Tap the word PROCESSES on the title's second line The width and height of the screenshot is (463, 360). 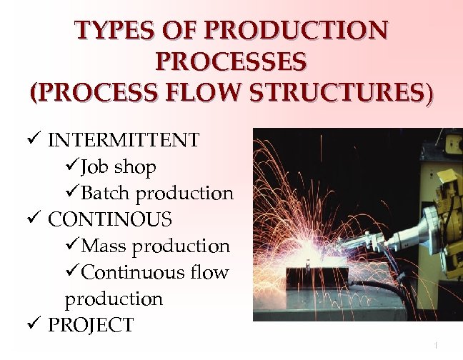coord(231,61)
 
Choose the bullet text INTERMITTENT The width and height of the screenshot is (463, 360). coord(124,140)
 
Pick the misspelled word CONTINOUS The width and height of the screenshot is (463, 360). coord(110,219)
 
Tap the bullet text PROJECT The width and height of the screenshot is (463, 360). coord(90,326)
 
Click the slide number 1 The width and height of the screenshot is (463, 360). coord(435,346)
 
